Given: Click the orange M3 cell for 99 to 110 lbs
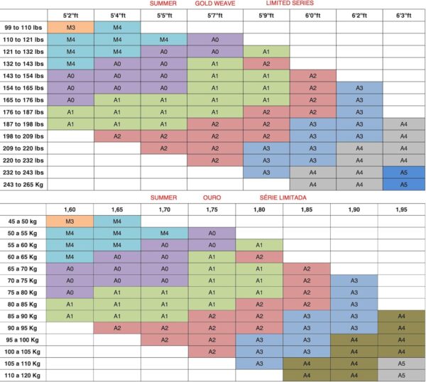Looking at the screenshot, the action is (x=70, y=28).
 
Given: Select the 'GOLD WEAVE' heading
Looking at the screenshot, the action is (x=215, y=4).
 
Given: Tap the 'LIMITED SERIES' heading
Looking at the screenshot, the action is (x=290, y=4).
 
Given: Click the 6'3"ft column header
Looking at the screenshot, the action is (x=404, y=16).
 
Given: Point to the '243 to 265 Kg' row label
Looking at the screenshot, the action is (x=23, y=185).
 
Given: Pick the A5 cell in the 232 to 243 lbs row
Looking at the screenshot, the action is (x=404, y=173).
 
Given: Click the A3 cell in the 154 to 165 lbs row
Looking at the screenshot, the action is (x=359, y=88).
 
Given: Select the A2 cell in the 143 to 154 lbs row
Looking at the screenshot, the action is (x=313, y=76).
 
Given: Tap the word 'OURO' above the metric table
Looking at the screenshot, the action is (x=212, y=197).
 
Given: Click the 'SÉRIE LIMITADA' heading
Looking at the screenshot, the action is (x=283, y=197).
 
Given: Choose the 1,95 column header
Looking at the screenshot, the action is (x=401, y=209).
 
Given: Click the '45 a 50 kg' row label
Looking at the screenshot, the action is (x=22, y=222).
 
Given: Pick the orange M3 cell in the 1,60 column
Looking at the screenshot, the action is (x=70, y=222).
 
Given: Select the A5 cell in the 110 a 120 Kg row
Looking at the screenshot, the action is (x=401, y=376).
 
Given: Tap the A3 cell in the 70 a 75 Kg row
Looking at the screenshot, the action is (x=354, y=280).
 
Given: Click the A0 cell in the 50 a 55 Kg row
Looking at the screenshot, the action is (x=212, y=233).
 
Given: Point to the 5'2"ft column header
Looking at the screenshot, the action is (x=70, y=16).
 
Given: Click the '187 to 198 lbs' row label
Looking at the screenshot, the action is (x=23, y=124).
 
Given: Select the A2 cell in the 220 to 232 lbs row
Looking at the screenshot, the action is (x=215, y=160).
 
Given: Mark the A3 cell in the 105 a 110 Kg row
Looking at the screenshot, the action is (x=259, y=364).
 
